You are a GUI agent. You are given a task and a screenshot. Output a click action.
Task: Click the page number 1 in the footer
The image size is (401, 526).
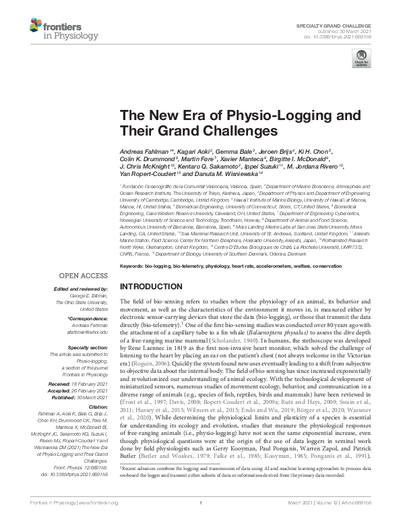(x=201, y=521)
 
